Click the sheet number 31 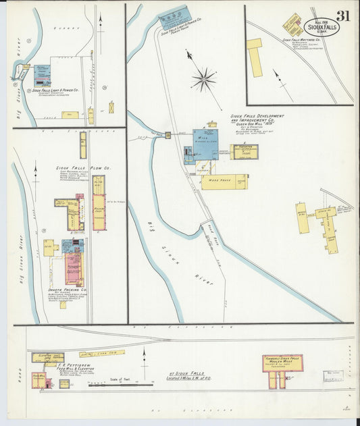coord(342,16)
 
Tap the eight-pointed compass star coord(203,80)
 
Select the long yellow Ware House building coord(224,182)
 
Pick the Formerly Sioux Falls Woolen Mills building coord(282,364)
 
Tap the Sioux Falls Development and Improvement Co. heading coord(257,119)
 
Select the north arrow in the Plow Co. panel coord(35,174)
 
